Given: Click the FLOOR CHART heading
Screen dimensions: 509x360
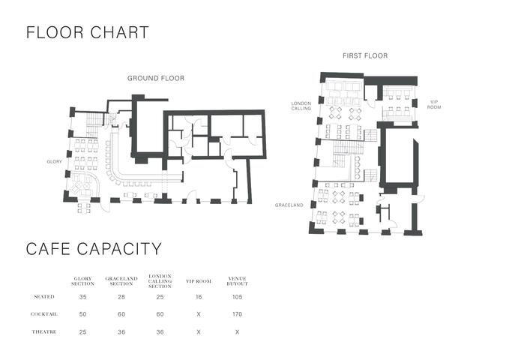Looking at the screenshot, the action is pyautogui.click(x=87, y=32).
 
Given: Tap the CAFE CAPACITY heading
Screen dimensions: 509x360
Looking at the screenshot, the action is pyautogui.click(x=94, y=249).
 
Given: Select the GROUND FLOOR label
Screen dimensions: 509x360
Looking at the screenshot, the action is pyautogui.click(x=156, y=78).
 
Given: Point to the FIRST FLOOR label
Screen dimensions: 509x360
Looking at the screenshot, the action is pyautogui.click(x=365, y=56).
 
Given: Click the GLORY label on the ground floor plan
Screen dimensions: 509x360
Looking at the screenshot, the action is pyautogui.click(x=54, y=161).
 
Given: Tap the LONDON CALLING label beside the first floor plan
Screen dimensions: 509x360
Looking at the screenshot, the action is pyautogui.click(x=301, y=106).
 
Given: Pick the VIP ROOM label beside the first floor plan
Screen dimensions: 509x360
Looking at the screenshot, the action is pyautogui.click(x=434, y=104).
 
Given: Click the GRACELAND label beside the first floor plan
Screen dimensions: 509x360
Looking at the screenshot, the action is pyautogui.click(x=289, y=205).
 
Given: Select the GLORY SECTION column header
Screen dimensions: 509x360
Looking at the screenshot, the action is pyautogui.click(x=82, y=281).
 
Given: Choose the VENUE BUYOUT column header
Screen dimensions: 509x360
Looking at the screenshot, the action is pyautogui.click(x=238, y=281).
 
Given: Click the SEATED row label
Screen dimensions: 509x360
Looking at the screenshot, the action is pyautogui.click(x=44, y=297).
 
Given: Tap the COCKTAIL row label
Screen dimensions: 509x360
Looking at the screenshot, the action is pyautogui.click(x=44, y=314).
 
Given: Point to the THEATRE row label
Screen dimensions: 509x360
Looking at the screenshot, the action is pyautogui.click(x=44, y=331).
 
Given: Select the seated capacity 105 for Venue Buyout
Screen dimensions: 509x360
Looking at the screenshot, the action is pyautogui.click(x=238, y=297).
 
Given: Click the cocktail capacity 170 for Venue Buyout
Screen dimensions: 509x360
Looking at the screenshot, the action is pyautogui.click(x=238, y=314).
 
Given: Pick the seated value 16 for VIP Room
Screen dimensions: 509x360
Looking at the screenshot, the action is pyautogui.click(x=199, y=297).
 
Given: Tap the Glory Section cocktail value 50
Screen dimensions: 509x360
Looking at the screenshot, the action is pyautogui.click(x=82, y=314).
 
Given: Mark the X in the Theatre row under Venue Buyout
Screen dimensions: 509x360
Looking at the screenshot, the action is pyautogui.click(x=238, y=332).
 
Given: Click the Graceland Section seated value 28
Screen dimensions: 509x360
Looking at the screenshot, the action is pyautogui.click(x=121, y=297).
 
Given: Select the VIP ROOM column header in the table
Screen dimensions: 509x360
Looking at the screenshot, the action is pyautogui.click(x=199, y=281).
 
